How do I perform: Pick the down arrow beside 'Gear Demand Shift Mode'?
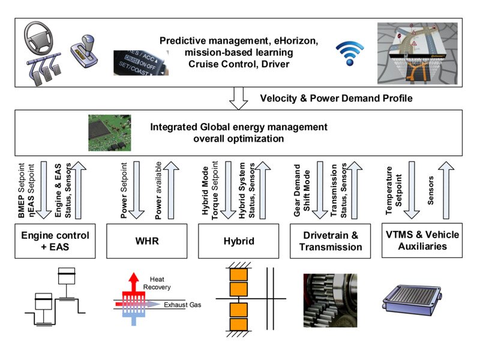(x=319, y=189)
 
